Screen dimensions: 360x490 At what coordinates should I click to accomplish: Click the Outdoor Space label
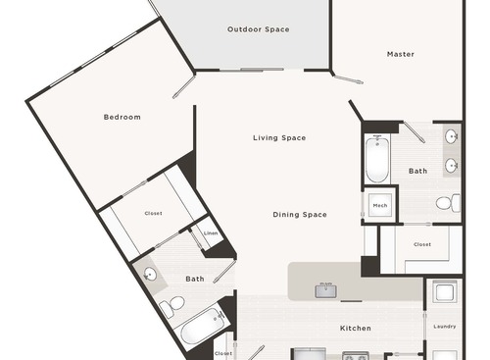tap(258, 29)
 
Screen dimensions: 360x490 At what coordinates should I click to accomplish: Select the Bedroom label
tap(122, 117)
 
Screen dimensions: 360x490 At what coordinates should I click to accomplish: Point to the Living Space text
tap(279, 138)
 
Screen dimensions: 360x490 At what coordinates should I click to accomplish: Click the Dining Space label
tap(300, 214)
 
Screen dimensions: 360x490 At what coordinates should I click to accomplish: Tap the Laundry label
tap(444, 327)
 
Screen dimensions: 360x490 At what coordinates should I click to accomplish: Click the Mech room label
tap(380, 205)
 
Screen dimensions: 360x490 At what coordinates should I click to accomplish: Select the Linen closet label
tap(210, 233)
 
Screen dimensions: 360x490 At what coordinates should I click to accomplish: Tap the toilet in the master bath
tap(446, 203)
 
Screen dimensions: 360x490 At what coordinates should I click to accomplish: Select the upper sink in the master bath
tap(452, 137)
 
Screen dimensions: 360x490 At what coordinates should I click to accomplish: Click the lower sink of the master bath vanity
tap(452, 165)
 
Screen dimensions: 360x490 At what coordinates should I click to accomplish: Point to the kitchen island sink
tap(325, 288)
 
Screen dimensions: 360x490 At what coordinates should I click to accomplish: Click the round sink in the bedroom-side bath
tap(149, 275)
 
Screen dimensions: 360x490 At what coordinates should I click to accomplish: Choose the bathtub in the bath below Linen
tap(205, 327)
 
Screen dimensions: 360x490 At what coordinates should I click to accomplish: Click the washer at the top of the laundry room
tap(444, 293)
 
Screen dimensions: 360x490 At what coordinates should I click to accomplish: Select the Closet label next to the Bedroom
tap(153, 213)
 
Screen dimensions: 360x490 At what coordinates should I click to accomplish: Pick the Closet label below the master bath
tap(422, 243)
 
